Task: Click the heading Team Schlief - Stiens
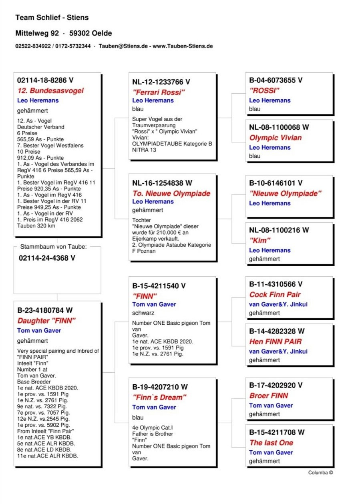[52, 18]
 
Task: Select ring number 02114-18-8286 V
[45, 80]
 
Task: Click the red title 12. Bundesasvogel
[50, 90]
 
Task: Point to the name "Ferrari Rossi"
[159, 92]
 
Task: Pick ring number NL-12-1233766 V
[161, 82]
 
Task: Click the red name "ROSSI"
[264, 90]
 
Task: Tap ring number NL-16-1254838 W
[162, 183]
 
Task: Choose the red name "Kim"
[260, 241]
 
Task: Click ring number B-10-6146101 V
[276, 183]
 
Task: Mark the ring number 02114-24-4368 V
[47, 258]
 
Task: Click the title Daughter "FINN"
[46, 321]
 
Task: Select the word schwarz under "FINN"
[143, 313]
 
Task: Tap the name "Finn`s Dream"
[160, 398]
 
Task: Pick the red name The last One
[271, 443]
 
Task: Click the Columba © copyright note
[320, 473]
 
